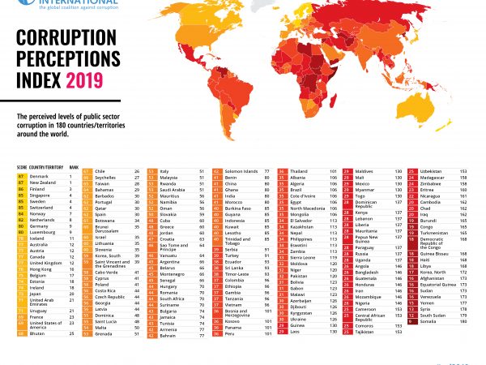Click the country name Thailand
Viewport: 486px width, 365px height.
point(302,172)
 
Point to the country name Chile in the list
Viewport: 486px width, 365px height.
point(100,172)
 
